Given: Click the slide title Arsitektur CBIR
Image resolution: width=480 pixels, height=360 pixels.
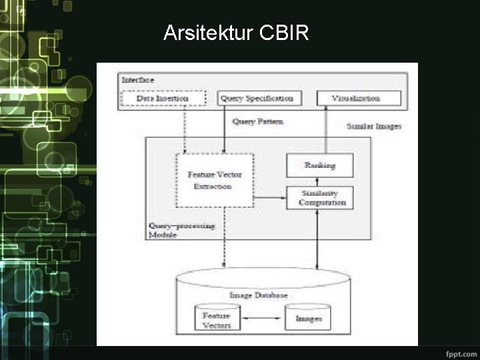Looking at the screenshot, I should [x=236, y=33].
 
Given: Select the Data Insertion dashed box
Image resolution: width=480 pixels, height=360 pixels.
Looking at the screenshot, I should [x=162, y=99].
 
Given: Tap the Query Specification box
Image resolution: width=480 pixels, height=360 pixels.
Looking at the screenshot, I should [x=256, y=99].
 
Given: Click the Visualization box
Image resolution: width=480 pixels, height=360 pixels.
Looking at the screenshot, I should [x=357, y=99].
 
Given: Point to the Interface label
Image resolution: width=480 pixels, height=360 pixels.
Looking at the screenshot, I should [x=138, y=80].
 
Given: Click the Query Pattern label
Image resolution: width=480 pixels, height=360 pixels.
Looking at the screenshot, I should [x=257, y=122].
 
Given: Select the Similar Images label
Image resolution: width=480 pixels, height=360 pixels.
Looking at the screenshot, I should [x=373, y=126].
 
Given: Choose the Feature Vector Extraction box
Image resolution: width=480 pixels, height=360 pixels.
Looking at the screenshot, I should [x=214, y=180].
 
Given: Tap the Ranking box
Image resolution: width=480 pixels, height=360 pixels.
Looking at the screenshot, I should [x=319, y=165].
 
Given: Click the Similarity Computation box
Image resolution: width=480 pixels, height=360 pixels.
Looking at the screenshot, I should [x=319, y=198].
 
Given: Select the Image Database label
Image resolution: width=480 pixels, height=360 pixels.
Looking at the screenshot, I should [x=259, y=295].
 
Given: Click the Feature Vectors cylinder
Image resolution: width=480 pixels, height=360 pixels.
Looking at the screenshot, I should [x=217, y=319].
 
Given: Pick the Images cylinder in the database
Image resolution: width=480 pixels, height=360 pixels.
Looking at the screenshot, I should [x=308, y=319].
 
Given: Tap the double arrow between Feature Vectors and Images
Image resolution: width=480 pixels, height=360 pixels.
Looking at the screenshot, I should [x=262, y=319].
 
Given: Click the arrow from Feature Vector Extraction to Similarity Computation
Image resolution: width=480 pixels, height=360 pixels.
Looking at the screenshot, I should [x=269, y=197].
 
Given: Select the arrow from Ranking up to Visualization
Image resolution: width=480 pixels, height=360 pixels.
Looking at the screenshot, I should [x=326, y=129].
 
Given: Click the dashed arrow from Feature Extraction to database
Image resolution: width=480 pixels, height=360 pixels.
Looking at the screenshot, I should [x=225, y=237].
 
